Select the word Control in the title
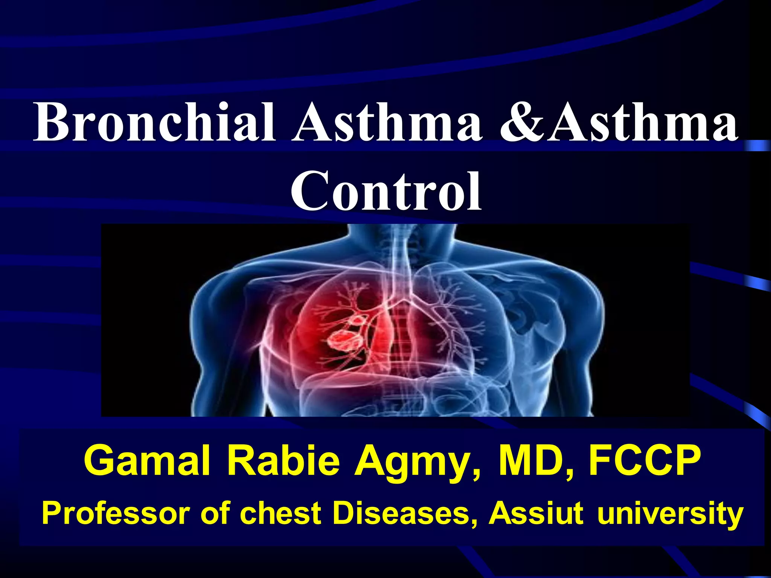pos(386,192)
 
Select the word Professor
pos(116,514)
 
